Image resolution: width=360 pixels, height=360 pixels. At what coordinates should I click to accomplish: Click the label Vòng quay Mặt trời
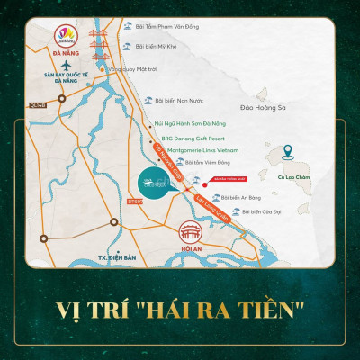pos(126,68)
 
